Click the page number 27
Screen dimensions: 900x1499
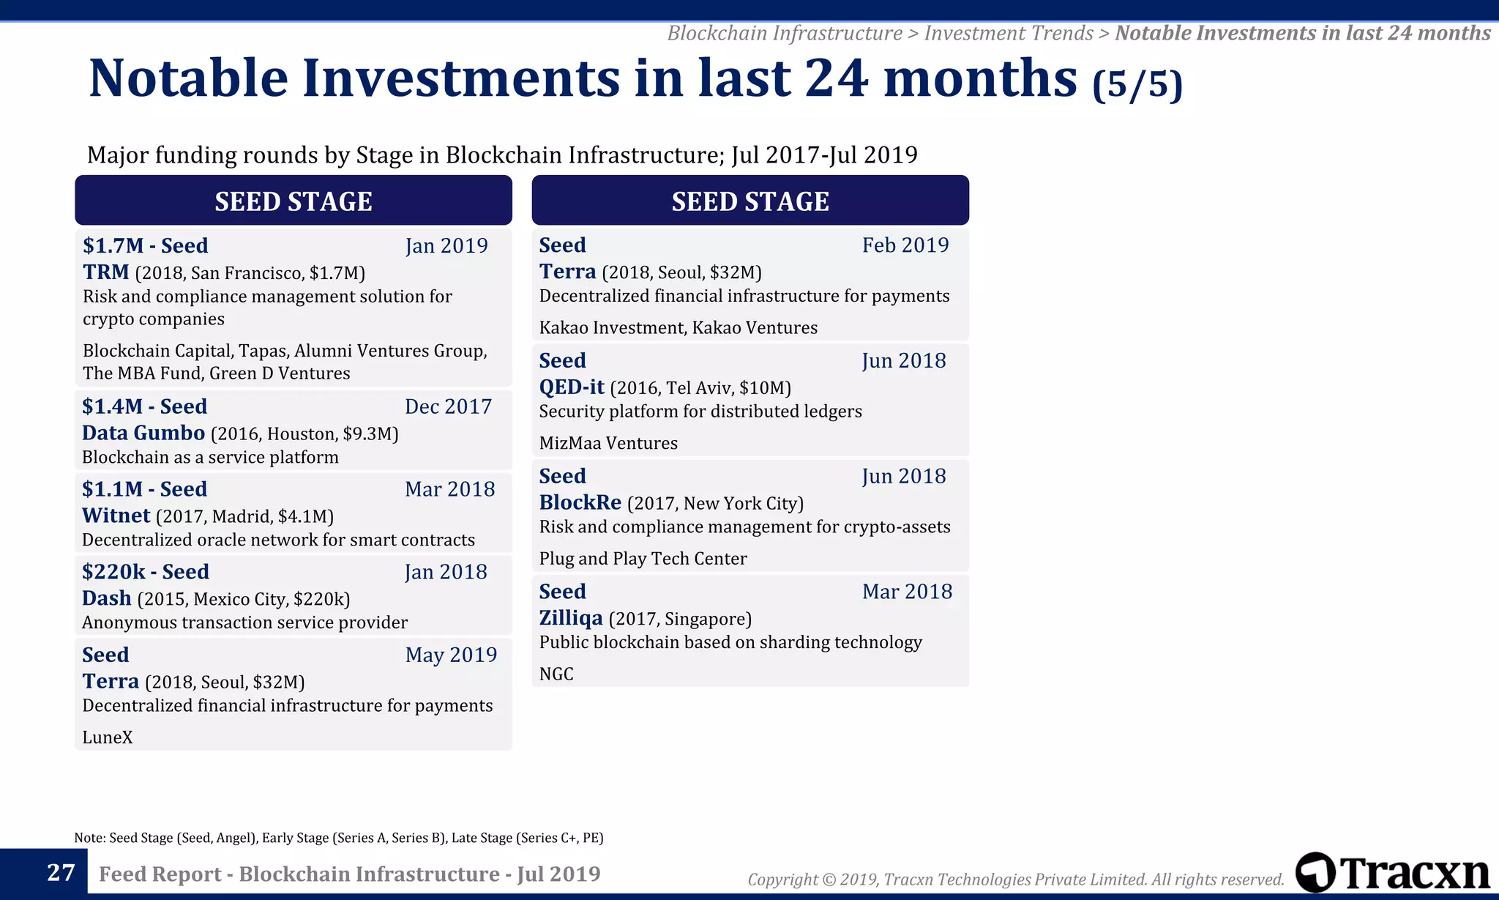point(61,872)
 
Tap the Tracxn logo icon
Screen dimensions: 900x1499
point(1315,872)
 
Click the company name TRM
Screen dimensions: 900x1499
point(105,272)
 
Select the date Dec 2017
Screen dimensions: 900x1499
point(448,406)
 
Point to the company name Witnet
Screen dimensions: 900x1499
point(116,516)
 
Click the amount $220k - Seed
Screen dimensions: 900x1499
point(145,572)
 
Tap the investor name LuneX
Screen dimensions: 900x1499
point(107,737)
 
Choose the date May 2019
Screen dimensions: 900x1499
point(451,655)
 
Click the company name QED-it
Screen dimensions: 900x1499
point(572,387)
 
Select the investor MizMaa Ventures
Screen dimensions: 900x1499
point(608,443)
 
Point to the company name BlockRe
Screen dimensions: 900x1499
point(580,502)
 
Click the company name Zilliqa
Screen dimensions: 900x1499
point(571,618)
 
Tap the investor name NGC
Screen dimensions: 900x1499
point(556,674)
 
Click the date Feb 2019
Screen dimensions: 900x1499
point(905,245)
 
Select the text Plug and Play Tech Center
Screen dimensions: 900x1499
point(643,559)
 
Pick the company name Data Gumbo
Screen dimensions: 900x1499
point(143,433)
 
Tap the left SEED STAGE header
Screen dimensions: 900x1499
point(294,201)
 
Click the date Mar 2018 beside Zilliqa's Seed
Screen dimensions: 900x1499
point(907,592)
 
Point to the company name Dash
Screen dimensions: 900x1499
point(106,598)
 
